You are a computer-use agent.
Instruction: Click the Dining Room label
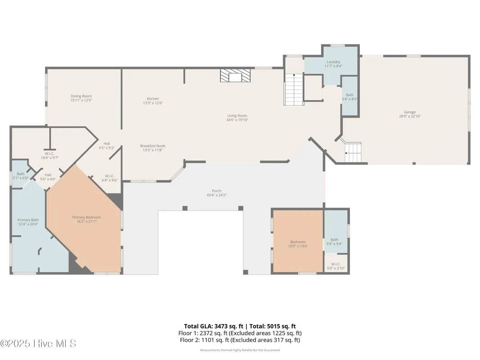click(x=81, y=96)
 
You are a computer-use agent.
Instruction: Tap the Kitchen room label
click(x=153, y=99)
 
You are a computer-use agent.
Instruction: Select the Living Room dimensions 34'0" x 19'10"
click(x=237, y=120)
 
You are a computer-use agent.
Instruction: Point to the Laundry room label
click(x=333, y=62)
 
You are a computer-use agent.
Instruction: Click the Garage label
click(x=409, y=112)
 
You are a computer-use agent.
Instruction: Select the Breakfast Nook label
click(x=153, y=146)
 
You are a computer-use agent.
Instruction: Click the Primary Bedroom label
click(x=86, y=217)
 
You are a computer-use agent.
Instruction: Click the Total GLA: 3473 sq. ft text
click(x=211, y=326)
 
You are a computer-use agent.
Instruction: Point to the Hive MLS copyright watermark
click(x=38, y=343)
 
